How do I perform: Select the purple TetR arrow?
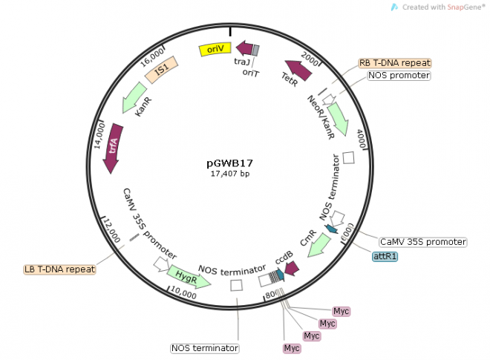[x=298, y=70]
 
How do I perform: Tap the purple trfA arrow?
[x=114, y=148]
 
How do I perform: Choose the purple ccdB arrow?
[x=290, y=269]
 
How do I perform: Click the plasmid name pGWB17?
[x=230, y=162]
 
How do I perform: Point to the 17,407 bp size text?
[x=230, y=173]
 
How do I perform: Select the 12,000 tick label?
[x=109, y=231]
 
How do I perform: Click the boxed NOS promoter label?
[x=399, y=76]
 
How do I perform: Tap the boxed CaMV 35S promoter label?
[x=422, y=242]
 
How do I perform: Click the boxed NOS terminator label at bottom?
[x=206, y=347]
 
